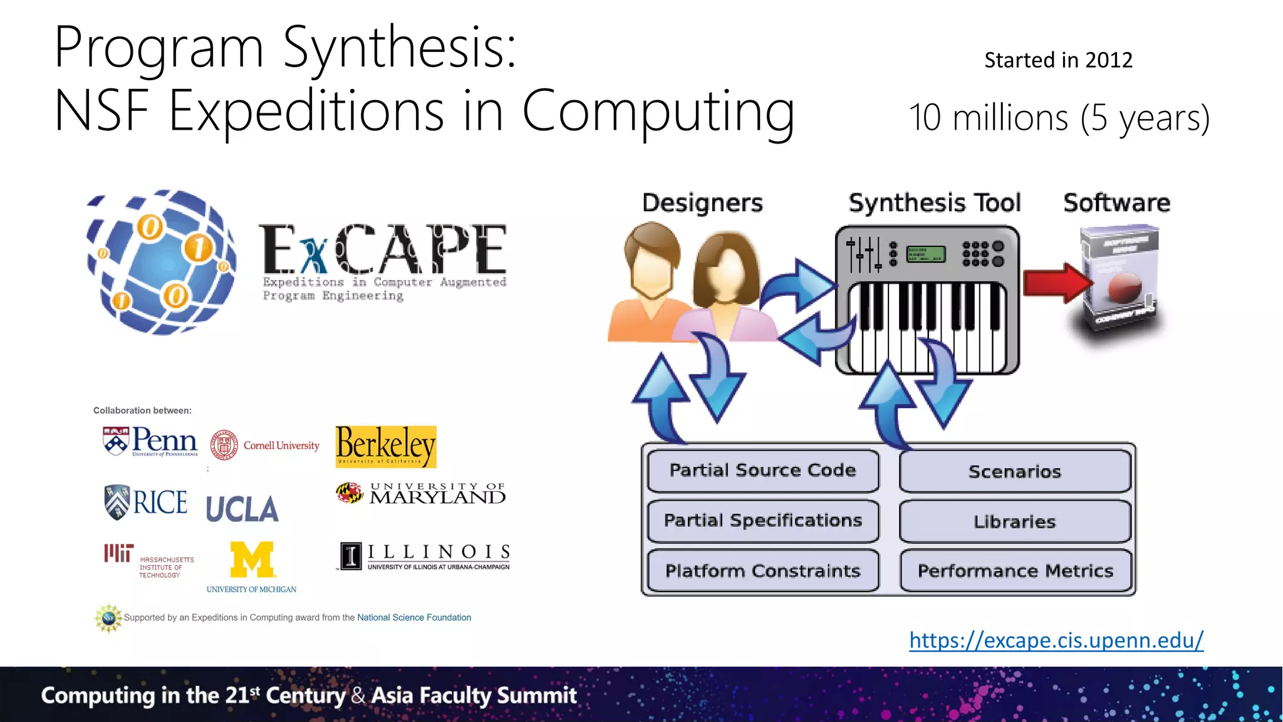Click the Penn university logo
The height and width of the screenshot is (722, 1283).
tap(150, 441)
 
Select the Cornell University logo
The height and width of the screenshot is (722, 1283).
tap(264, 446)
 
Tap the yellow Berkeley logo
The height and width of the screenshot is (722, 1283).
tap(386, 446)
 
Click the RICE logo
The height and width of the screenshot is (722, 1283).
tap(146, 502)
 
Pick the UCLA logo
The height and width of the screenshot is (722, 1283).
tap(242, 509)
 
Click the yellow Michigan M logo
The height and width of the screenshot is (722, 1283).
tap(252, 559)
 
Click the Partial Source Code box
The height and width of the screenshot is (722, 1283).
tap(762, 471)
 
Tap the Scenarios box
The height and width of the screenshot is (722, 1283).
tap(1015, 472)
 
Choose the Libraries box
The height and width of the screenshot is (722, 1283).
tap(1015, 521)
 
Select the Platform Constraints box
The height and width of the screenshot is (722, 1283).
tap(762, 571)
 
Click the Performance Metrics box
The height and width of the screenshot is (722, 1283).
tap(1015, 571)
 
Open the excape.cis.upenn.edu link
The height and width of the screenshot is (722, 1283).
tap(1056, 640)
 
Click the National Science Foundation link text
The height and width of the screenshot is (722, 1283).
tap(414, 617)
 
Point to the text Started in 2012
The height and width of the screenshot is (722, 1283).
tap(1058, 60)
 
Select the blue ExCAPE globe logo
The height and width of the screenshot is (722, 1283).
tap(162, 262)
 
